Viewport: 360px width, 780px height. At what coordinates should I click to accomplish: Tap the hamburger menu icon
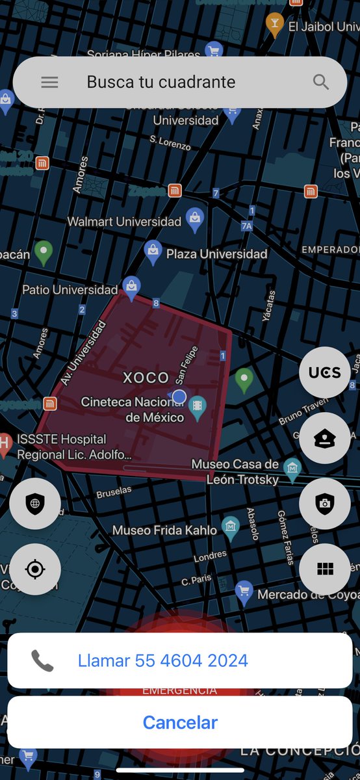click(49, 83)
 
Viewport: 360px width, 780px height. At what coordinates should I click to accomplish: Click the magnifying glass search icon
click(321, 82)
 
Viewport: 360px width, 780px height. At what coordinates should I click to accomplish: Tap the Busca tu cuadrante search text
click(161, 83)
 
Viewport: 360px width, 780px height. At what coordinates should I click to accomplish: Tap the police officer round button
click(324, 438)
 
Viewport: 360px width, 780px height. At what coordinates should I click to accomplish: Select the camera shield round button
click(324, 503)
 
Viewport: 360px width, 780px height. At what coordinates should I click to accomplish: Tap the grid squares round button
click(324, 569)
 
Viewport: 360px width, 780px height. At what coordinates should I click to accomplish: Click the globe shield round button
click(35, 503)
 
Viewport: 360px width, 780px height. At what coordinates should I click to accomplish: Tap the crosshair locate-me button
click(35, 569)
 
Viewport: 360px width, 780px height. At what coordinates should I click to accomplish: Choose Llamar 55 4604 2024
click(162, 660)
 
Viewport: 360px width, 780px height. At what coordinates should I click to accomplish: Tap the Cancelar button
click(180, 722)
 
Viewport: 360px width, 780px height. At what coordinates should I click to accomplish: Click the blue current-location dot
click(179, 396)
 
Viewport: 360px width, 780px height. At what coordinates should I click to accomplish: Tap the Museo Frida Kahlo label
click(164, 530)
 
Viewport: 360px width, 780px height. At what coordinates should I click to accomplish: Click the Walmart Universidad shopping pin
click(195, 220)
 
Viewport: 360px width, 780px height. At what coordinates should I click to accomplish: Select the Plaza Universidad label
click(216, 253)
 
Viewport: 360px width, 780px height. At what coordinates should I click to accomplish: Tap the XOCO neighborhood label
click(146, 378)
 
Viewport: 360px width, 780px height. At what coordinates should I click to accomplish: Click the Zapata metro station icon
click(174, 190)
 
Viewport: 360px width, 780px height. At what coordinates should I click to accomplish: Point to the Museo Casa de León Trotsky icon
click(292, 466)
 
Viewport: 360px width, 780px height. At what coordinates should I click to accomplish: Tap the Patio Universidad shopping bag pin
click(131, 286)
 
